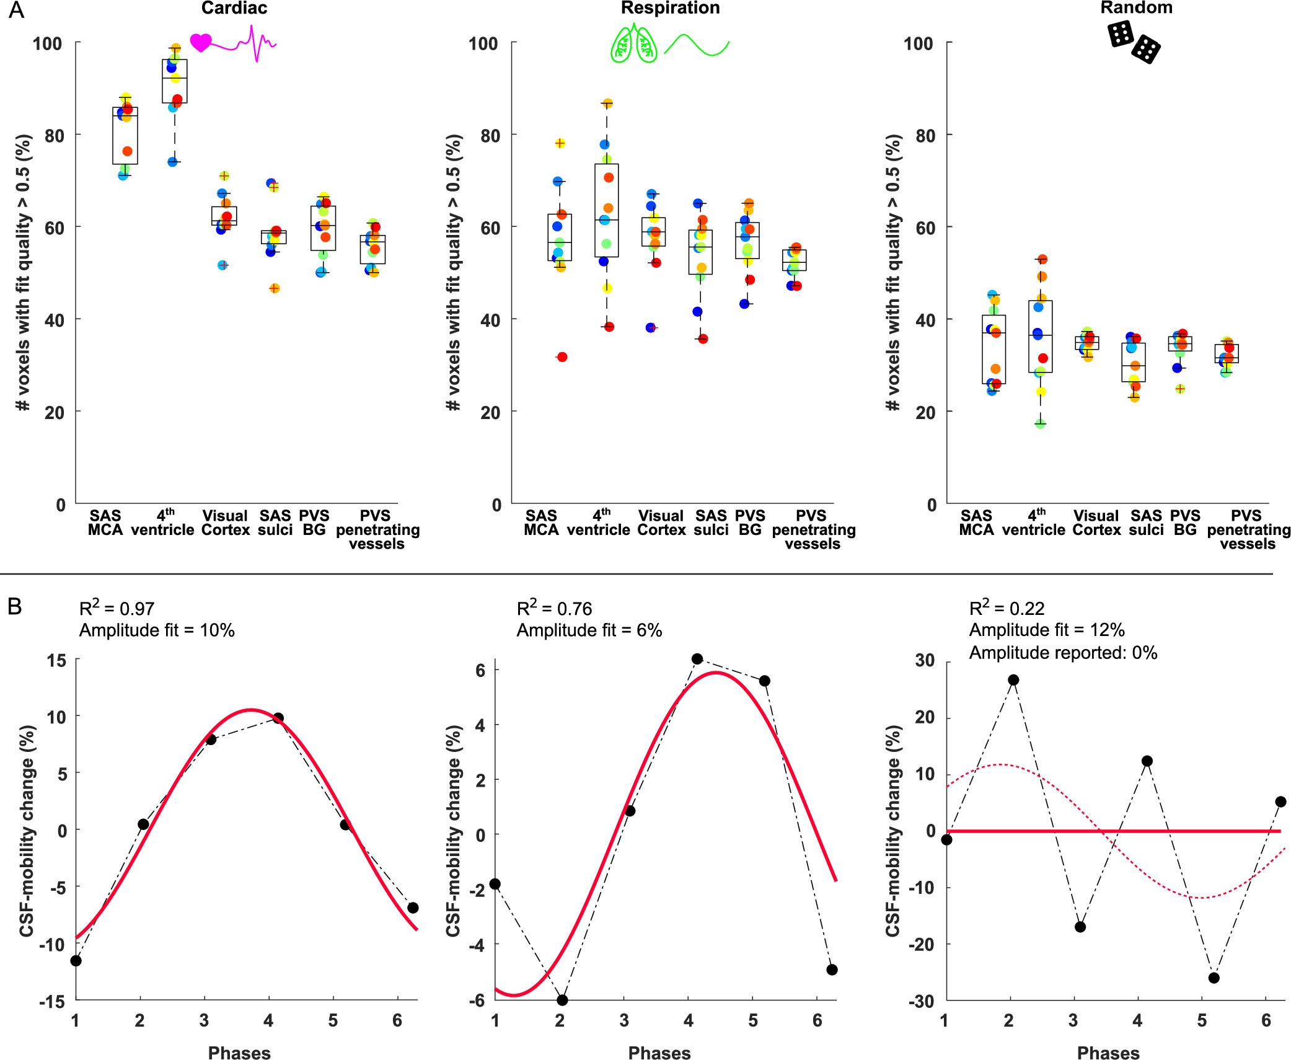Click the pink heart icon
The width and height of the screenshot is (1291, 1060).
point(201,43)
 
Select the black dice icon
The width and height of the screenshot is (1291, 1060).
point(1134,42)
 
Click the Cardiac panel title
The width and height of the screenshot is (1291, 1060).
point(234,8)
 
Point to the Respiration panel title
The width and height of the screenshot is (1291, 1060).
point(670,8)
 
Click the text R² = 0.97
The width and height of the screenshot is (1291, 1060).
point(117,608)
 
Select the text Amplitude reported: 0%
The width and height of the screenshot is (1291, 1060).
point(1063,653)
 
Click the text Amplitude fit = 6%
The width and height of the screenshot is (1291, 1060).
point(589,630)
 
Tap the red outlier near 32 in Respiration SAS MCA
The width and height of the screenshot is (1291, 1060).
point(562,357)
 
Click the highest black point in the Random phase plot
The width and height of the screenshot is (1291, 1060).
point(1013,680)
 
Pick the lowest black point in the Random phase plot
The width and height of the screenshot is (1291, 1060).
point(1214,978)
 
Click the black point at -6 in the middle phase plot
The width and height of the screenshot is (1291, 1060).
point(562,1000)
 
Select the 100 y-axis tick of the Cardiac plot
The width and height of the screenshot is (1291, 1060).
point(48,43)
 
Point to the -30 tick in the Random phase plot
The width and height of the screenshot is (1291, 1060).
point(923,1002)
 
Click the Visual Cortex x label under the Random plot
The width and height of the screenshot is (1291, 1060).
point(1096,523)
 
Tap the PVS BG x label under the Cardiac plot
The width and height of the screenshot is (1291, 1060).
point(314,523)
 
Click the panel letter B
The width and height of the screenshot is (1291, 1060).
point(15,607)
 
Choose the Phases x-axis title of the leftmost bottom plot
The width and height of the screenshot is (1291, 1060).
point(239,1053)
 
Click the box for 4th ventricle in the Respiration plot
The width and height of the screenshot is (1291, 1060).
point(606,211)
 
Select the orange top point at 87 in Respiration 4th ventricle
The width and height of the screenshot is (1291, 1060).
point(607,104)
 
